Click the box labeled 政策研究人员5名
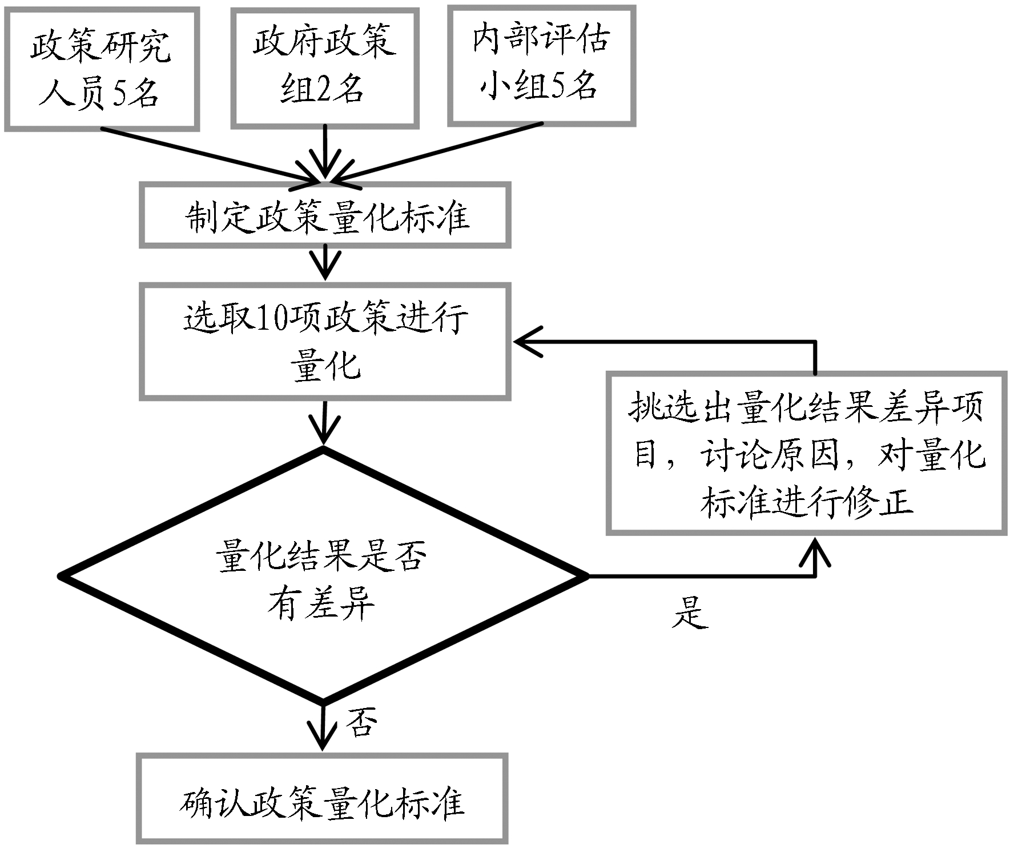(x=102, y=69)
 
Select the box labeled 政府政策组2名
(x=325, y=67)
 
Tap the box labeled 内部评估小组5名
(x=541, y=65)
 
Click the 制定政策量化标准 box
(x=325, y=216)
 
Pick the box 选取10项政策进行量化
(x=325, y=342)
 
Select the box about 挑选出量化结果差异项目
(x=806, y=453)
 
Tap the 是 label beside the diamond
(x=690, y=614)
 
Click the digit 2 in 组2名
(x=323, y=90)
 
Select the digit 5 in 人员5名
(x=122, y=93)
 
